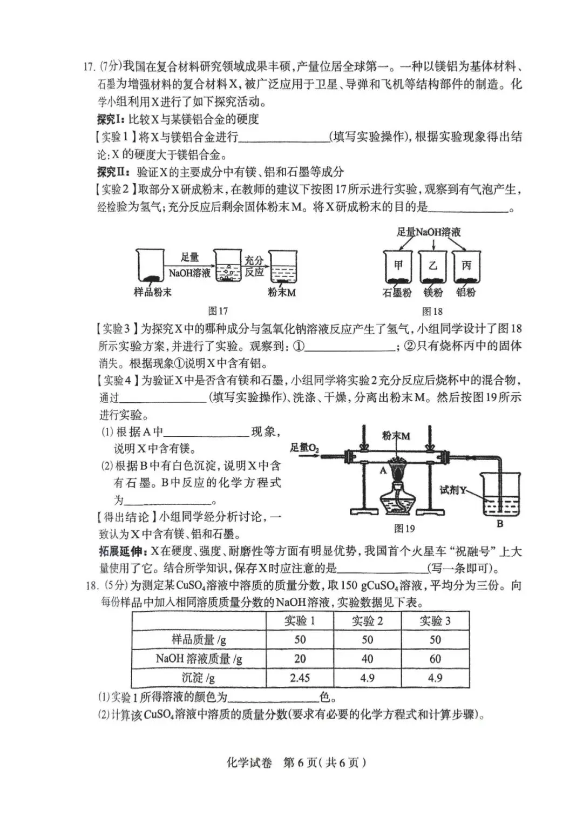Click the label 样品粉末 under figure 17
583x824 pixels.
pos(152,293)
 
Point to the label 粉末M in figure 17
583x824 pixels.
pos(282,293)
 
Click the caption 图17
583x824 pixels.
pos(218,311)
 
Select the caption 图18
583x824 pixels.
pos(432,311)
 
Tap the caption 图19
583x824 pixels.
pos(404,528)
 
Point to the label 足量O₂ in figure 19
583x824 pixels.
pos(305,448)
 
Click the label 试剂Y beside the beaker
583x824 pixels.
pos(452,490)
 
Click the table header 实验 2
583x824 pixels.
pos(367,621)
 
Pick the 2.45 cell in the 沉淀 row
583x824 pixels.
pos(300,678)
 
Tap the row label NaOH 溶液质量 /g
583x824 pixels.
pos(199,659)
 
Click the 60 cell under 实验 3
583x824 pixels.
pos(435,659)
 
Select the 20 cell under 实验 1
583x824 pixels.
pos(300,659)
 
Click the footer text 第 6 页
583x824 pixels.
pos(300,762)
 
